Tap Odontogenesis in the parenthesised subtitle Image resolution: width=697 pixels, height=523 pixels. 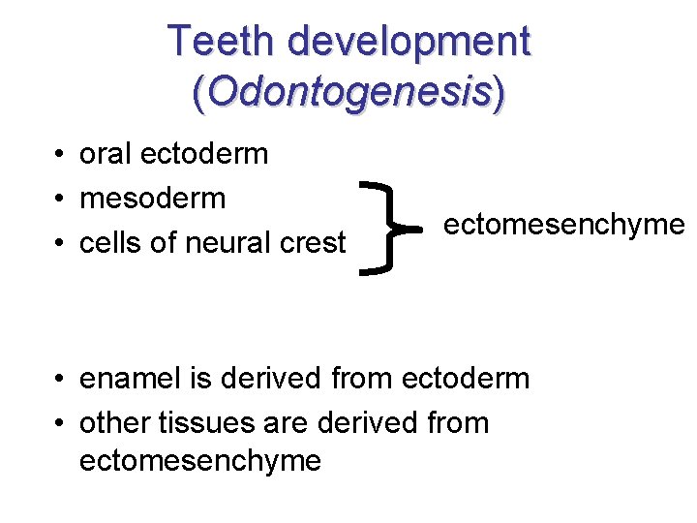(x=348, y=93)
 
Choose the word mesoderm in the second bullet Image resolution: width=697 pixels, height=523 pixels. (x=152, y=199)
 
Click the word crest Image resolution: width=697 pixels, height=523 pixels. (x=311, y=243)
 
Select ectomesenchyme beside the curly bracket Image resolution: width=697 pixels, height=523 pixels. (x=563, y=226)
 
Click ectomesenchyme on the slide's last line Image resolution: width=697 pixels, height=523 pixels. (x=199, y=461)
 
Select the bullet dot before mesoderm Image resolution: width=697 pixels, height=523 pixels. (x=60, y=200)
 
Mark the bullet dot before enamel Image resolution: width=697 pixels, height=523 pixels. (x=60, y=379)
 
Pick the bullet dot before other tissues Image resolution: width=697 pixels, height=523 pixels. (x=60, y=423)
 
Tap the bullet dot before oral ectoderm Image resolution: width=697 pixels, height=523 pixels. (x=60, y=155)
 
